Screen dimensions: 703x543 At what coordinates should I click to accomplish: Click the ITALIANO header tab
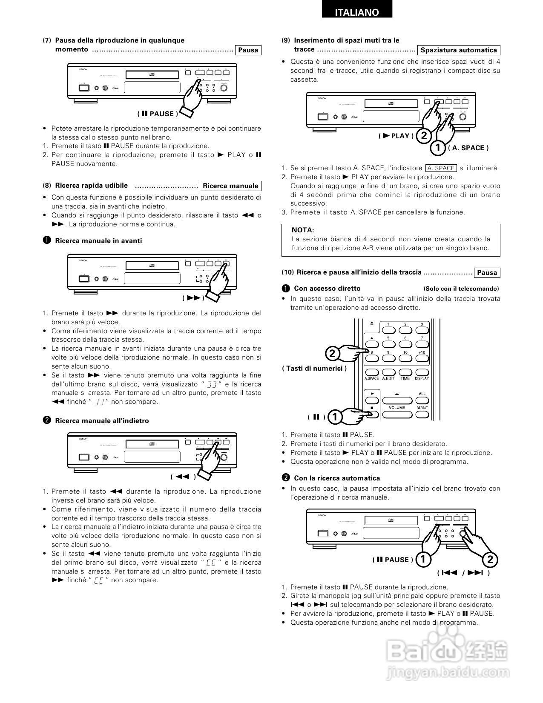(x=357, y=13)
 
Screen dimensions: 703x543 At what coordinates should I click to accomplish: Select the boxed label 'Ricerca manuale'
(x=230, y=186)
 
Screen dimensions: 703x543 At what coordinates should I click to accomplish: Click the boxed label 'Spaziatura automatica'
(x=459, y=50)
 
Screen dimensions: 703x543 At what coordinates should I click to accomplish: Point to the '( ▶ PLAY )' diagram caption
(x=396, y=136)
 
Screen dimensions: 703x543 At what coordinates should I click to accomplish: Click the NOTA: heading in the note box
(x=303, y=230)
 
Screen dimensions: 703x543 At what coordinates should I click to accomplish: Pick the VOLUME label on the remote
(x=397, y=408)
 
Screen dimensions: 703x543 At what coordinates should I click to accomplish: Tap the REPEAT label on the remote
(x=422, y=408)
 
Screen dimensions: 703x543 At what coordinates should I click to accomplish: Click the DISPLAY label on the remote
(x=422, y=378)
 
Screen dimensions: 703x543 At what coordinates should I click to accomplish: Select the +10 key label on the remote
(x=422, y=352)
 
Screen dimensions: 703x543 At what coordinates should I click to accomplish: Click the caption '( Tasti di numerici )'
(x=314, y=369)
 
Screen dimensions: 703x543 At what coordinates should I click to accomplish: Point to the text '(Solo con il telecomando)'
(x=461, y=289)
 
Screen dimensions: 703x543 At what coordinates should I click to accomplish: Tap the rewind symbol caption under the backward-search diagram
(x=183, y=477)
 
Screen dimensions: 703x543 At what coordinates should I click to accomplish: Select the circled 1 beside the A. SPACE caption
(x=437, y=148)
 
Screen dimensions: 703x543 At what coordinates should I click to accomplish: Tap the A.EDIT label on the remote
(x=388, y=378)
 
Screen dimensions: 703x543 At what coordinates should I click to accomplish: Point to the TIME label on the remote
(x=405, y=378)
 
